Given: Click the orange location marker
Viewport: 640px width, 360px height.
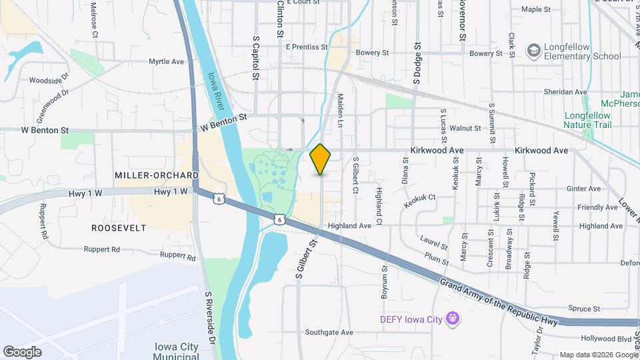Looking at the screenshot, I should pos(321,159).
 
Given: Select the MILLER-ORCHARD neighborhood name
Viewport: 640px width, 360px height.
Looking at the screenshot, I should pos(157,175).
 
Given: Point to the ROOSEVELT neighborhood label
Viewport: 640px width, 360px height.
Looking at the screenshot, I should pos(119,227).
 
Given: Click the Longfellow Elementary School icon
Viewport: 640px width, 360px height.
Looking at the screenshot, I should pos(533,51).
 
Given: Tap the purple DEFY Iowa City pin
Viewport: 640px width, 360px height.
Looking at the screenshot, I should pos(453,319).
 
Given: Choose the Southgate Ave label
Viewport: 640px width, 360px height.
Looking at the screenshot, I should pos(329,332).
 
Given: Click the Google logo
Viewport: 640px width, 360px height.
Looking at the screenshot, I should pos(22,351).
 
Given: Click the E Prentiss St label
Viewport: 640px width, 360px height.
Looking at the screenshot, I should pos(307,47).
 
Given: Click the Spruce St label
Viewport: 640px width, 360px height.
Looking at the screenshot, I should pos(585,308).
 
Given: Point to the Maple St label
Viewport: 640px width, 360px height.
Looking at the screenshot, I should pos(536,9).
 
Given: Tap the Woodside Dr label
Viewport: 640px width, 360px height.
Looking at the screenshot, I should pos(49,80).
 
